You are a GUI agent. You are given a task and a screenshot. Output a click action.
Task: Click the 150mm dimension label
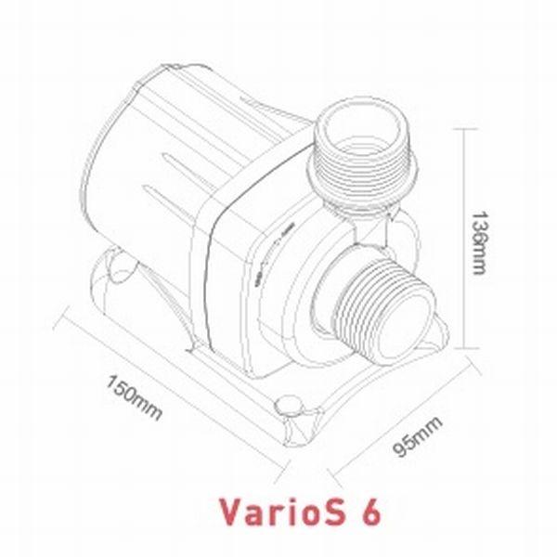(134, 393)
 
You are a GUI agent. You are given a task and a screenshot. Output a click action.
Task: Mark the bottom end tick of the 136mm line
(464, 349)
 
